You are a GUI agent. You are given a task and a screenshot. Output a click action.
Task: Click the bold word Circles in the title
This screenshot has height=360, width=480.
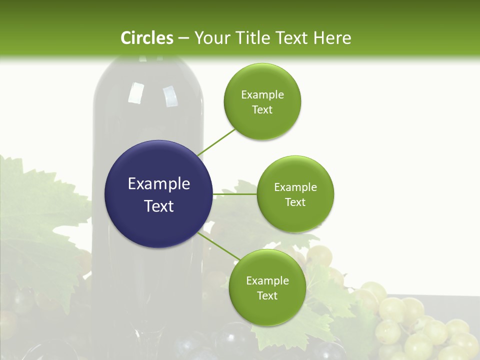pos(147,38)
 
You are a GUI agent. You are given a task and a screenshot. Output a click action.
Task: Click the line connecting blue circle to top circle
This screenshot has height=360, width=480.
pos(216,142)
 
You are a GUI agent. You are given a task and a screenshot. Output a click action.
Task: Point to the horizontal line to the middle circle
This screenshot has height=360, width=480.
pos(234,193)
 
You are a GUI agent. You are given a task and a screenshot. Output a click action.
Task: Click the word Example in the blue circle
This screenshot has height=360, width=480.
pos(159,183)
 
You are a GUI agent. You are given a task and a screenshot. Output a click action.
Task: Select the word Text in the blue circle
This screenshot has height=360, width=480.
pos(159,205)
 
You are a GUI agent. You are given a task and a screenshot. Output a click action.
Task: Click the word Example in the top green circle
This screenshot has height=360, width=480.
pos(262,94)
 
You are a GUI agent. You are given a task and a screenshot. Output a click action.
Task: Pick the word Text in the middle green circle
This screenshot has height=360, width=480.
pos(295,202)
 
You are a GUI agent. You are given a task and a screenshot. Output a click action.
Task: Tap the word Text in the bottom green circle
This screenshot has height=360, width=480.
pos(267,295)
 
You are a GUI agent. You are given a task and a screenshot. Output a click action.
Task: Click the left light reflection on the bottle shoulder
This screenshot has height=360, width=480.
pos(134,93)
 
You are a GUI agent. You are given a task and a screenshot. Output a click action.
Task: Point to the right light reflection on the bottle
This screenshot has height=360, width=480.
pos(170,96)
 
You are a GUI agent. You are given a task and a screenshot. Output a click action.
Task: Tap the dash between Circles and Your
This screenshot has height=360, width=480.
pos(183,38)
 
